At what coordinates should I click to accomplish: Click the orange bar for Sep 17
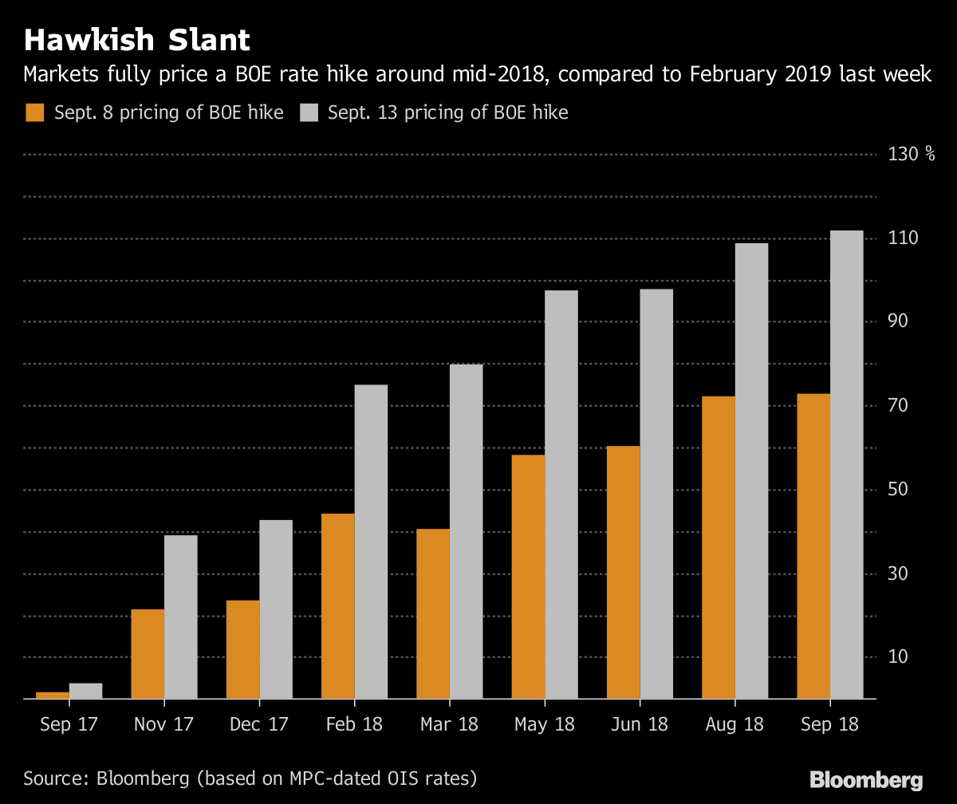[53, 696]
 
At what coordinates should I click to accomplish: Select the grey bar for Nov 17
[180, 617]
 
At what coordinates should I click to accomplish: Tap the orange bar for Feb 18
[338, 606]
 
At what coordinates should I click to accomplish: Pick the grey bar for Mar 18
[466, 532]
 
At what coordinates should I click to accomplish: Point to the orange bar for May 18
[528, 577]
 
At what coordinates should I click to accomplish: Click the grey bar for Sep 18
[846, 465]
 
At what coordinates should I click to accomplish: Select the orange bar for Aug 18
[719, 547]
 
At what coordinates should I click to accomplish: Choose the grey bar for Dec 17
[276, 609]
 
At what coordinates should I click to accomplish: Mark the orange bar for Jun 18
[623, 573]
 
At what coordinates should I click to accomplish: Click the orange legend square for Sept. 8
[34, 112]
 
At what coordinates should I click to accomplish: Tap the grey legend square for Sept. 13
[309, 112]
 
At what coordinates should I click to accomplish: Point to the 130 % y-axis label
[911, 154]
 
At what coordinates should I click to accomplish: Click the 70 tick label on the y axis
[900, 405]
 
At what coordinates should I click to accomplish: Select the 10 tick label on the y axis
[900, 656]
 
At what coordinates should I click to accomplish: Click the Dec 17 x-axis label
[258, 724]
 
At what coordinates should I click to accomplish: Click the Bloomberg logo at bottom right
[866, 779]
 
